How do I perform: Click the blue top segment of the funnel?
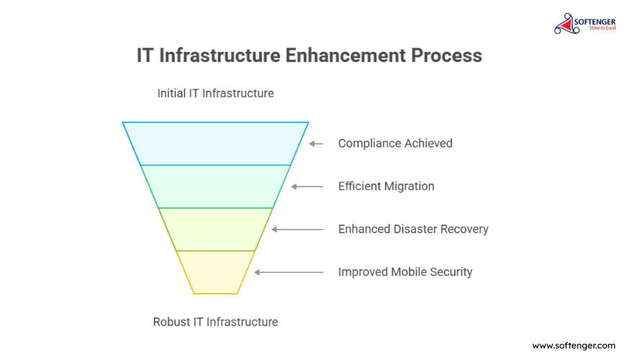tap(215, 143)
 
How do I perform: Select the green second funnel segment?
tap(215, 186)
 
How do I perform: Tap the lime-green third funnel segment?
tap(215, 230)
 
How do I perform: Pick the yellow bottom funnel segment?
tap(215, 272)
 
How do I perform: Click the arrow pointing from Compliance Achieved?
tap(316, 143)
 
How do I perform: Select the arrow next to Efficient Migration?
tap(307, 186)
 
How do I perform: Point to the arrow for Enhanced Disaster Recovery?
tap(297, 230)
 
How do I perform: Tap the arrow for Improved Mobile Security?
tap(289, 272)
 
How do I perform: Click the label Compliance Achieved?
tap(395, 143)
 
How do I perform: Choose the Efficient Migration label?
tap(386, 186)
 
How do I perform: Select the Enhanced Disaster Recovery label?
tap(413, 229)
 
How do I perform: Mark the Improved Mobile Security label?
tap(405, 272)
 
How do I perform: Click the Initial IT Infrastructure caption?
tap(215, 93)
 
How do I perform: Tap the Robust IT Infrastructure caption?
tap(215, 322)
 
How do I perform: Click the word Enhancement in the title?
tap(345, 55)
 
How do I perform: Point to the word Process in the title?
tap(446, 55)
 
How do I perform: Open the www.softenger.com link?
tap(574, 346)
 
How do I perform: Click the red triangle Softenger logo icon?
tap(567, 24)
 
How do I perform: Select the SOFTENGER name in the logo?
tap(595, 22)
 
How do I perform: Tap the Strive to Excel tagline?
tap(602, 28)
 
